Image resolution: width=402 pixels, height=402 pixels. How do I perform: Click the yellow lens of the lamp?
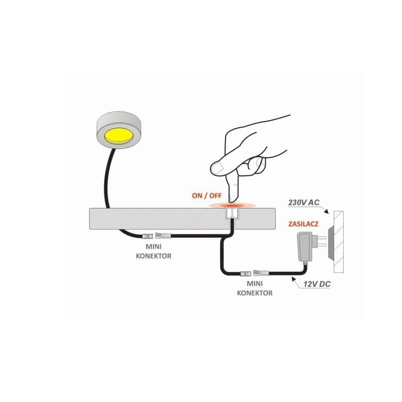[117, 136]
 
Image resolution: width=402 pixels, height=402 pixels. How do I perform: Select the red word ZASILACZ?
[303, 224]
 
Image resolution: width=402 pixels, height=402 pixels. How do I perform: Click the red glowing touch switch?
[233, 205]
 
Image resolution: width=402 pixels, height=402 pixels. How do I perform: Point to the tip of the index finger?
[232, 200]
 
